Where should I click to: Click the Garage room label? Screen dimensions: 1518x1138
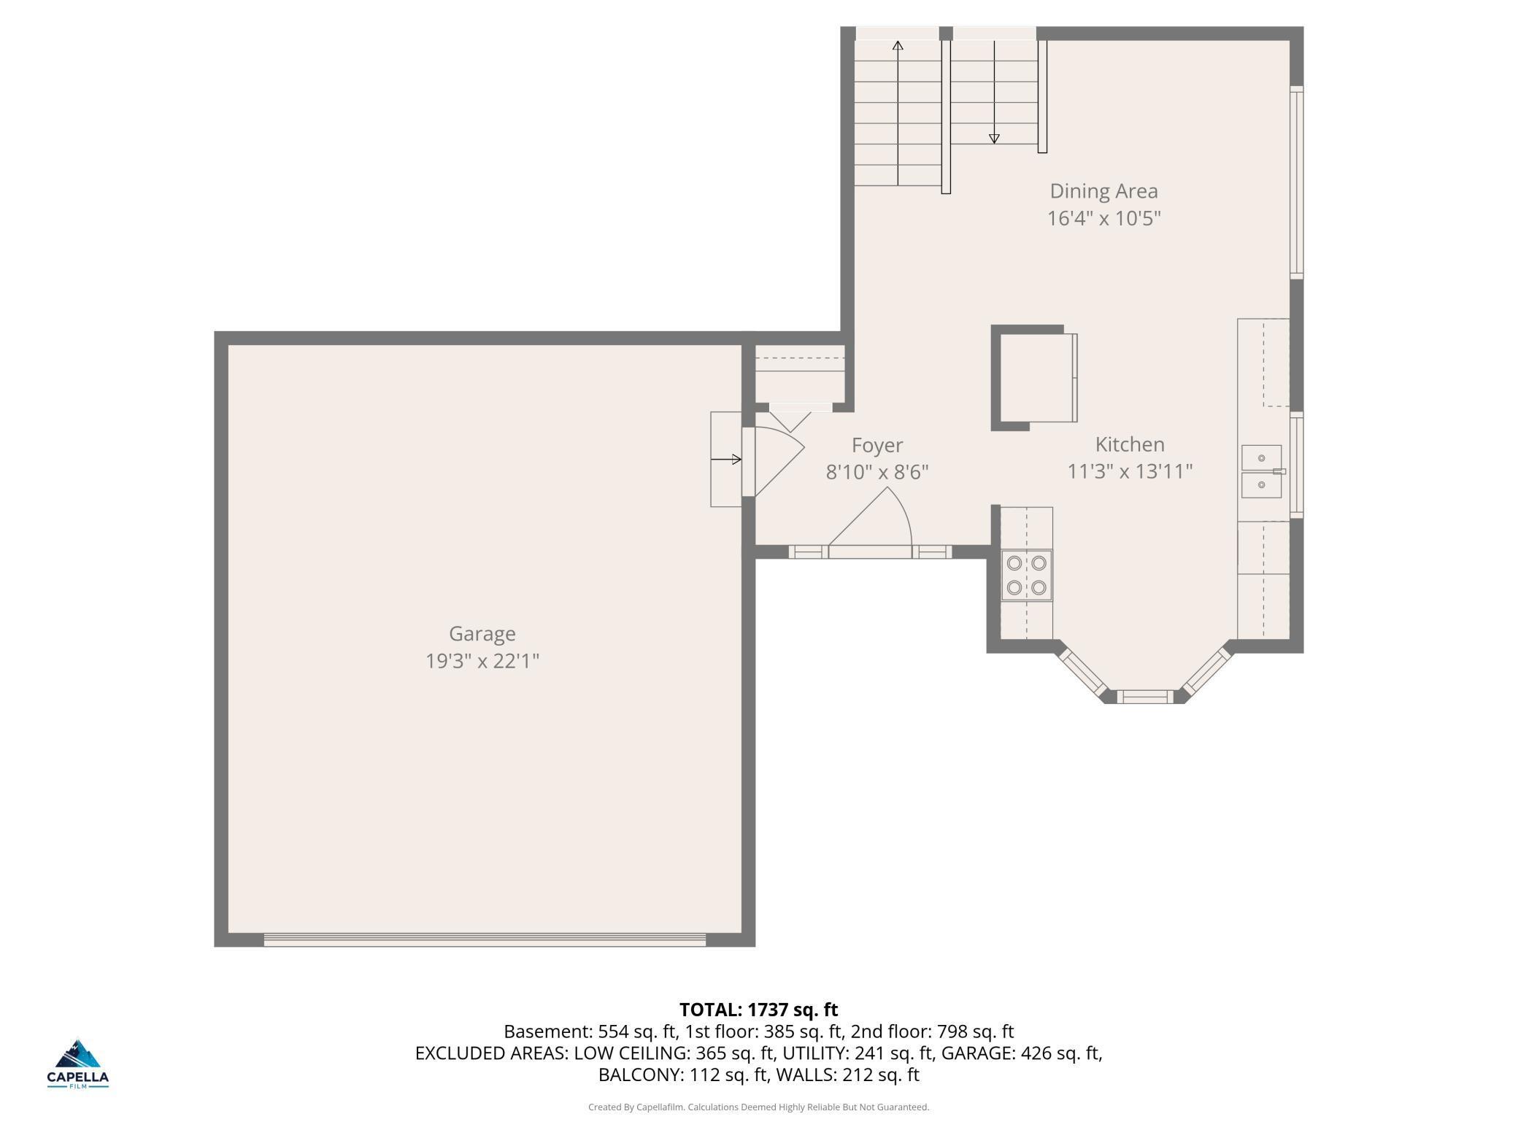click(x=482, y=634)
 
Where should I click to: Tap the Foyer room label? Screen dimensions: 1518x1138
click(x=877, y=446)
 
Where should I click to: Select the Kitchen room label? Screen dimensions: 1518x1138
click(x=1130, y=444)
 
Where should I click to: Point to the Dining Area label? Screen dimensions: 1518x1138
click(x=1103, y=191)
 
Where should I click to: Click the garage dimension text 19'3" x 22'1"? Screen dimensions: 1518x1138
click(x=482, y=661)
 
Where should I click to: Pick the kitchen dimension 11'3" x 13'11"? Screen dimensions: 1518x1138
click(x=1130, y=471)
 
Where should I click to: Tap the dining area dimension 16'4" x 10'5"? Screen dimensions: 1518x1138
click(x=1103, y=218)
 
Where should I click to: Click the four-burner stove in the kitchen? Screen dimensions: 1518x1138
click(x=1027, y=575)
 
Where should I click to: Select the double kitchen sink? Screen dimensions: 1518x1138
click(x=1262, y=471)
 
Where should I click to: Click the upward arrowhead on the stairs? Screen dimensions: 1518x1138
click(x=898, y=46)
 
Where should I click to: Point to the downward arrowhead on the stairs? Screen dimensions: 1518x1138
click(x=994, y=138)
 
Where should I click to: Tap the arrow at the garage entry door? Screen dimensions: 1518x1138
click(x=726, y=459)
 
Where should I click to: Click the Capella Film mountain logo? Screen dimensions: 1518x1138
click(x=77, y=1055)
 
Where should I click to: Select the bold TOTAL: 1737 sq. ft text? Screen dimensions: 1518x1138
click(x=758, y=1010)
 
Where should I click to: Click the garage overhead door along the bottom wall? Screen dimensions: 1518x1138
click(x=485, y=940)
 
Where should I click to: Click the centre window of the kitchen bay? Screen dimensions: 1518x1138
click(x=1145, y=697)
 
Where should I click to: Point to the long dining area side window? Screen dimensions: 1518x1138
click(x=1297, y=182)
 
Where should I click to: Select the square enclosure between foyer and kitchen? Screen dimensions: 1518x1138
click(x=1033, y=378)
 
